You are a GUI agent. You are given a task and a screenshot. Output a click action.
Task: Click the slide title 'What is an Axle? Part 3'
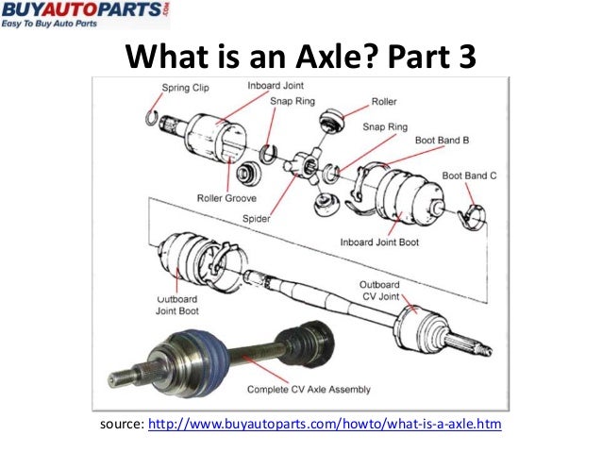click(x=301, y=58)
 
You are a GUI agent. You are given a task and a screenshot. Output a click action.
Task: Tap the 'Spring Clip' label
click(x=187, y=88)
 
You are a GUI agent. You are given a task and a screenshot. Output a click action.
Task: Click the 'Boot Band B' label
click(x=441, y=141)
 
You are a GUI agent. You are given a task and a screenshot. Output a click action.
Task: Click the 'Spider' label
click(x=256, y=219)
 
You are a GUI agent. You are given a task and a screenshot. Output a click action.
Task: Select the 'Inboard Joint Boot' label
click(x=384, y=242)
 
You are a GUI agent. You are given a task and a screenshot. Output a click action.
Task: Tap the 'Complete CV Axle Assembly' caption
click(x=308, y=389)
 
